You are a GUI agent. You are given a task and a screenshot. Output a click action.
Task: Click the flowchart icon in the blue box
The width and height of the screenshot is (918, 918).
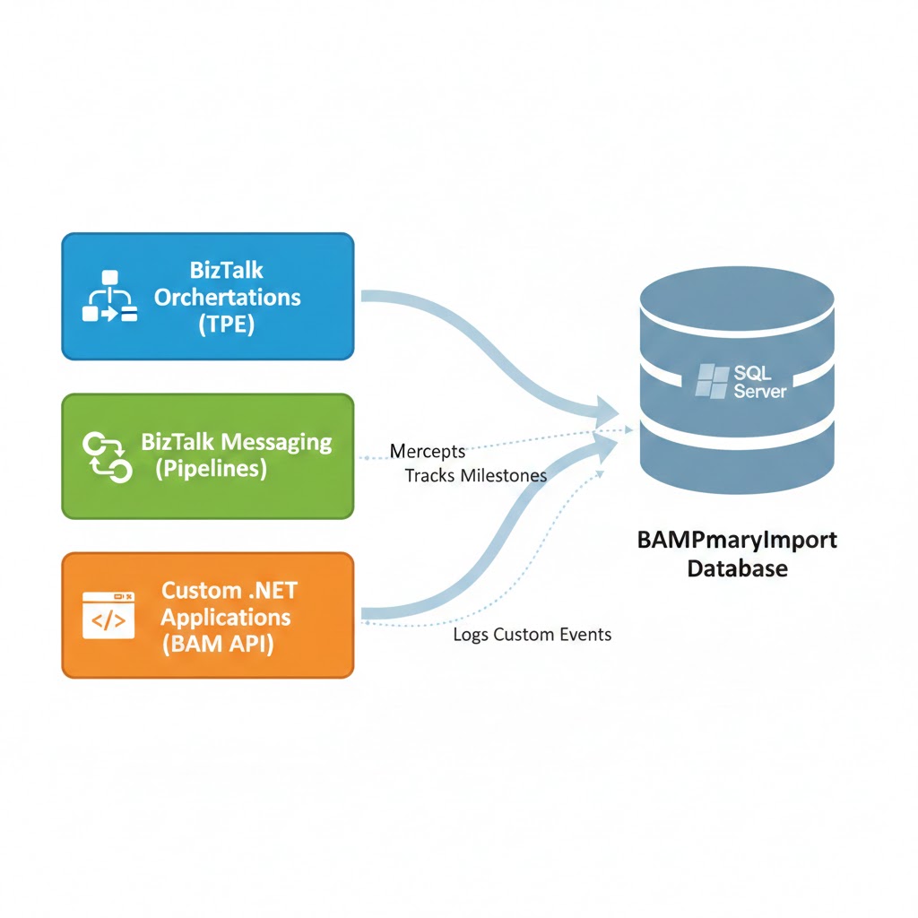pos(108,296)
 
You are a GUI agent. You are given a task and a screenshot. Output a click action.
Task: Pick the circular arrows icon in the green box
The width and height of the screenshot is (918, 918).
pos(108,455)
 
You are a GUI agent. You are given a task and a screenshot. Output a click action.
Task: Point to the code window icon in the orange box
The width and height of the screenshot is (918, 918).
pos(108,615)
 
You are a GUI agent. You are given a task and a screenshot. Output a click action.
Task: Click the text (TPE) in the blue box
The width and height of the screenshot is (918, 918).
pos(226,325)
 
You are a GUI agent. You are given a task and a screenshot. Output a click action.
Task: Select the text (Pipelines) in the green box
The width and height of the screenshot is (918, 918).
pos(211,469)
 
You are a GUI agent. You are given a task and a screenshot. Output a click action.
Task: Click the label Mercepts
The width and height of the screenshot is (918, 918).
pos(428,452)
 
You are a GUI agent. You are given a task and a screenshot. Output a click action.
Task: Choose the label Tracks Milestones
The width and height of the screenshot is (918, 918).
pos(475,475)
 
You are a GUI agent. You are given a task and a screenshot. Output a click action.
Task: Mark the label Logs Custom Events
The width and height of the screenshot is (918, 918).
pos(532,635)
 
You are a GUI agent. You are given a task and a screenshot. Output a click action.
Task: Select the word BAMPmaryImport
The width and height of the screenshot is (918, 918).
pos(737,541)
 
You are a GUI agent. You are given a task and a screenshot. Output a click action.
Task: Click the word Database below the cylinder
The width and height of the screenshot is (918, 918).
pos(737,568)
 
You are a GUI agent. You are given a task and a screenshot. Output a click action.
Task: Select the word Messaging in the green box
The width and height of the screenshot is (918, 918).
pos(275,442)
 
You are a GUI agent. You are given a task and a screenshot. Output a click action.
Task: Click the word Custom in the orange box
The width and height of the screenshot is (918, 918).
pos(200,591)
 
